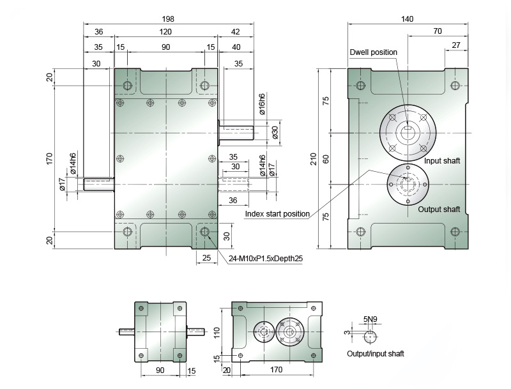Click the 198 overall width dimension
(x=168, y=19)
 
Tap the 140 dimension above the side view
(x=407, y=19)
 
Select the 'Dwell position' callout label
(x=374, y=52)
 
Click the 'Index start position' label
(x=277, y=214)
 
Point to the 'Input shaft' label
(x=442, y=160)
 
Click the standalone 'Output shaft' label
(x=439, y=209)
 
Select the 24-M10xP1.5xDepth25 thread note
(x=266, y=259)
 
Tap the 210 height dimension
(x=314, y=159)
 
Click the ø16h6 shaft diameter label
(x=262, y=104)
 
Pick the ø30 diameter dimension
(x=275, y=133)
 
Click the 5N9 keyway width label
(x=370, y=319)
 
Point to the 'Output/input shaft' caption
(x=376, y=353)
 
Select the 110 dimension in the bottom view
(x=217, y=333)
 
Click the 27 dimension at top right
(x=456, y=45)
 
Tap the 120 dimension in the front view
(x=165, y=31)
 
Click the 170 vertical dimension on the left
(x=49, y=158)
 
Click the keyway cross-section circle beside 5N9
(x=370, y=337)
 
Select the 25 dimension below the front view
(x=206, y=257)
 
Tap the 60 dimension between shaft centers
(x=326, y=159)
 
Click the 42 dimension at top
(x=235, y=31)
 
